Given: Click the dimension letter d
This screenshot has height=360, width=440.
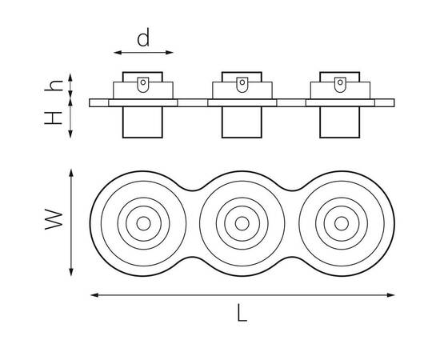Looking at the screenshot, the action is [x=143, y=38].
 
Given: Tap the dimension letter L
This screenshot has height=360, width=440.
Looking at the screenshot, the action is [x=242, y=312].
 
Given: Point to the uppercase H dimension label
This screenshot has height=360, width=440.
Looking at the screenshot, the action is [x=53, y=118].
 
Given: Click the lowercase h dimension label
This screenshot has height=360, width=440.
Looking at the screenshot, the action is [x=54, y=86].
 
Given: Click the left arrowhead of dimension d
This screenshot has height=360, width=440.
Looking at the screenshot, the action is [x=118, y=53].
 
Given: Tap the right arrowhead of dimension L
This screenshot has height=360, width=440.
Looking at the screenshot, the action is [x=391, y=295].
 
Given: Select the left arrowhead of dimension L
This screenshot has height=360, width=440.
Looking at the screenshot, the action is [x=94, y=295].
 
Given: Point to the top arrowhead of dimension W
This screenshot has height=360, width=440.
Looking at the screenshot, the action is [x=71, y=173].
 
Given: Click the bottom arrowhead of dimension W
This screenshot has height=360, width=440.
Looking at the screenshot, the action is [x=71, y=272].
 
